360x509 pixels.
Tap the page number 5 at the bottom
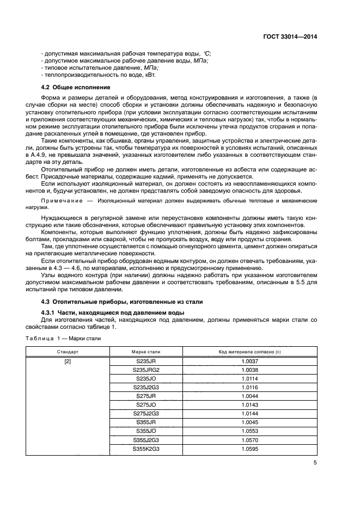[x=315, y=463]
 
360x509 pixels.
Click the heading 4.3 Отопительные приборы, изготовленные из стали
[x=122, y=301]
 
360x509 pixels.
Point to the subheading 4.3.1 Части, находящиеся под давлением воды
[x=113, y=312]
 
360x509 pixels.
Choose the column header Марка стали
[x=145, y=352]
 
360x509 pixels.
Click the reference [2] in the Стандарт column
[x=68, y=360]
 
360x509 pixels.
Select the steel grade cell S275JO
[x=145, y=405]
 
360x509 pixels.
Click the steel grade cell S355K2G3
[x=145, y=449]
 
